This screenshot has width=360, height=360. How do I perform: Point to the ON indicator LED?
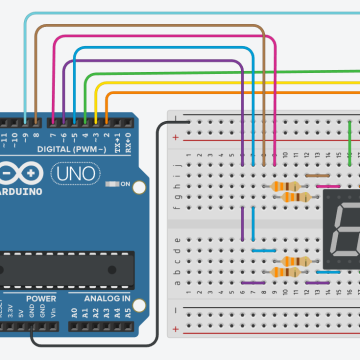[117, 185]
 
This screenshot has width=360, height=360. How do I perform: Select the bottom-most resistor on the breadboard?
[290, 272]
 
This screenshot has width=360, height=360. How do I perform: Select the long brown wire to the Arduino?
[150, 28]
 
